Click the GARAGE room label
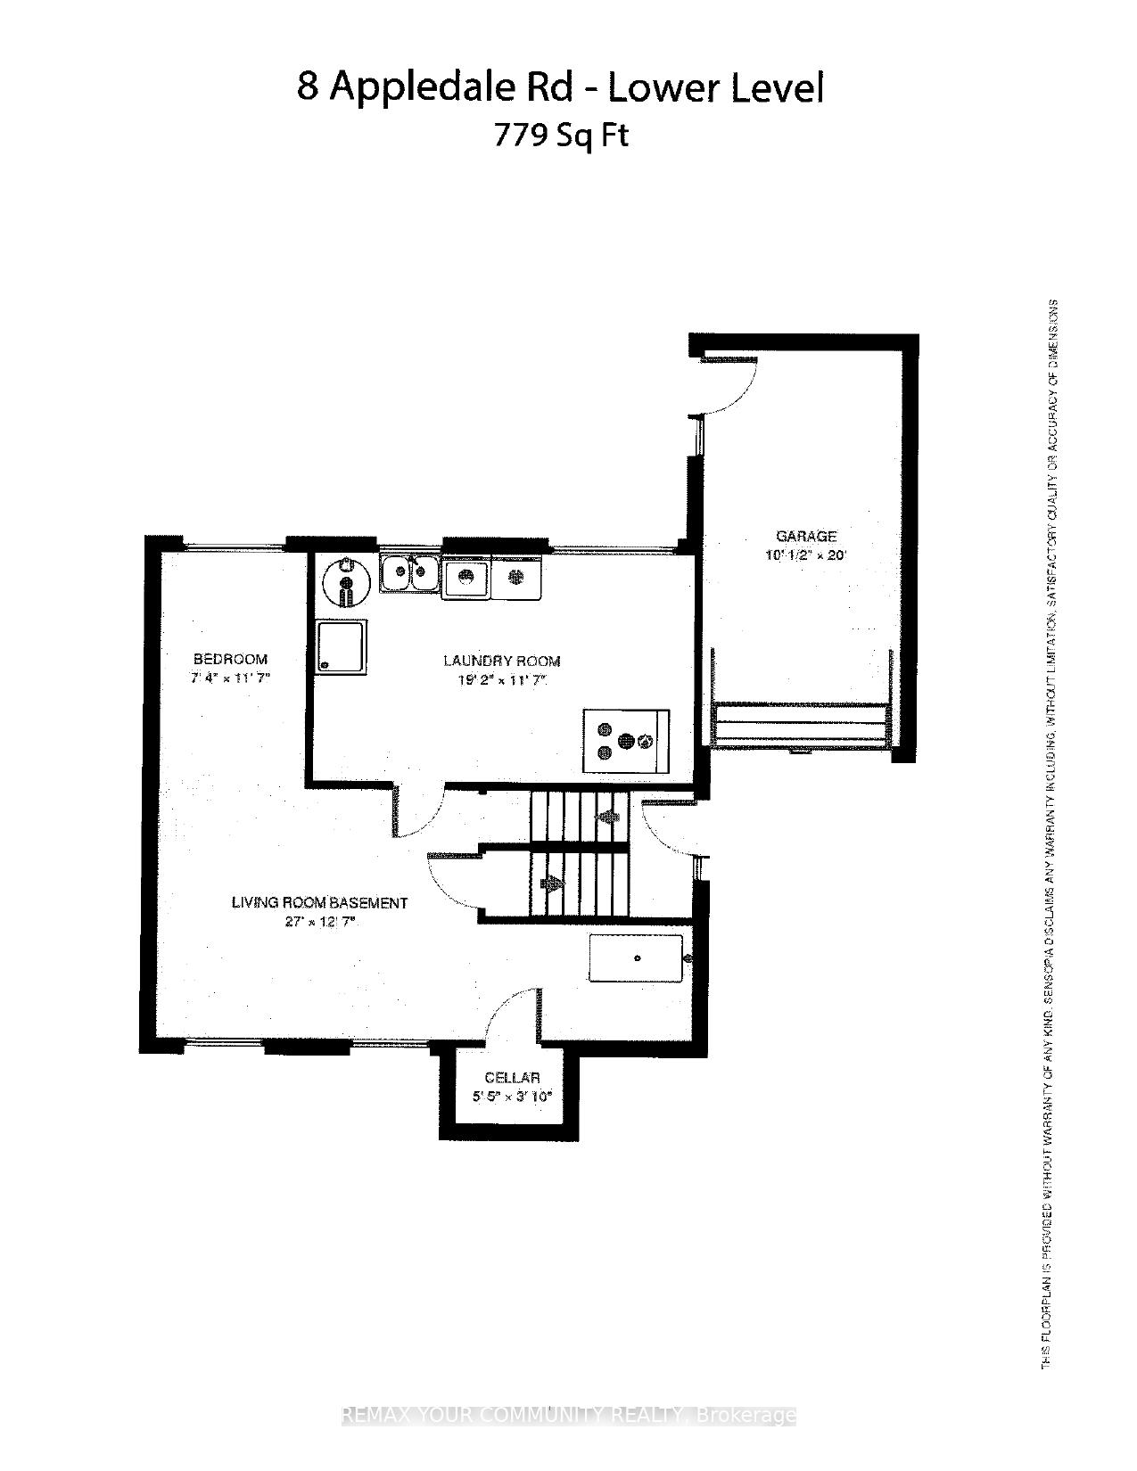(806, 536)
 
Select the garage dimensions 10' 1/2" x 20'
(805, 555)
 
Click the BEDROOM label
(230, 659)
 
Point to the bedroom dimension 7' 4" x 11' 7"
(230, 678)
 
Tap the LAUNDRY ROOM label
(502, 661)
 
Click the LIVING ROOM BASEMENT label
(319, 902)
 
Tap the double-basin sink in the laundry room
(409, 572)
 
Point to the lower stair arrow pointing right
(553, 883)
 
